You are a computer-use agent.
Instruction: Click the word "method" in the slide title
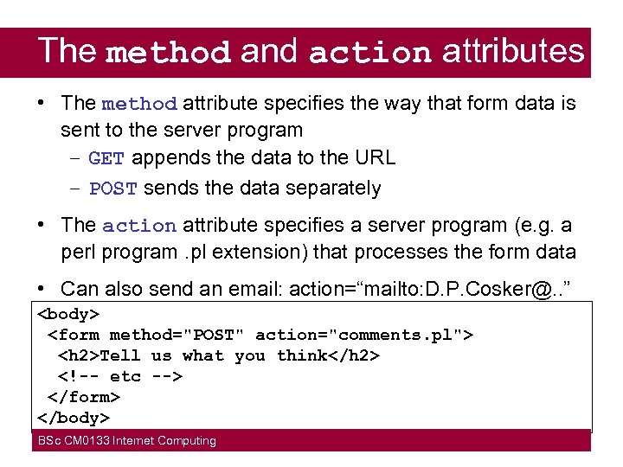(169, 53)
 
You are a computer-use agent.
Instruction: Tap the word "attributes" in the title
(513, 51)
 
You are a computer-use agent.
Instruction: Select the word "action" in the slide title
(369, 53)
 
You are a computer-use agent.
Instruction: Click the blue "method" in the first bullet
(139, 105)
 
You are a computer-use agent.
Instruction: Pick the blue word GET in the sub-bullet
(106, 158)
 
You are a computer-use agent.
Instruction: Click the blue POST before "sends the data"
(113, 189)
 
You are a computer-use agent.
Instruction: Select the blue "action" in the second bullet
(139, 226)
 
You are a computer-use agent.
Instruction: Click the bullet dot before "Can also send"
(42, 287)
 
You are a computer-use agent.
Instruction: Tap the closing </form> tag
(83, 397)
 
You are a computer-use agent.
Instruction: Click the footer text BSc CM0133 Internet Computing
(126, 441)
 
